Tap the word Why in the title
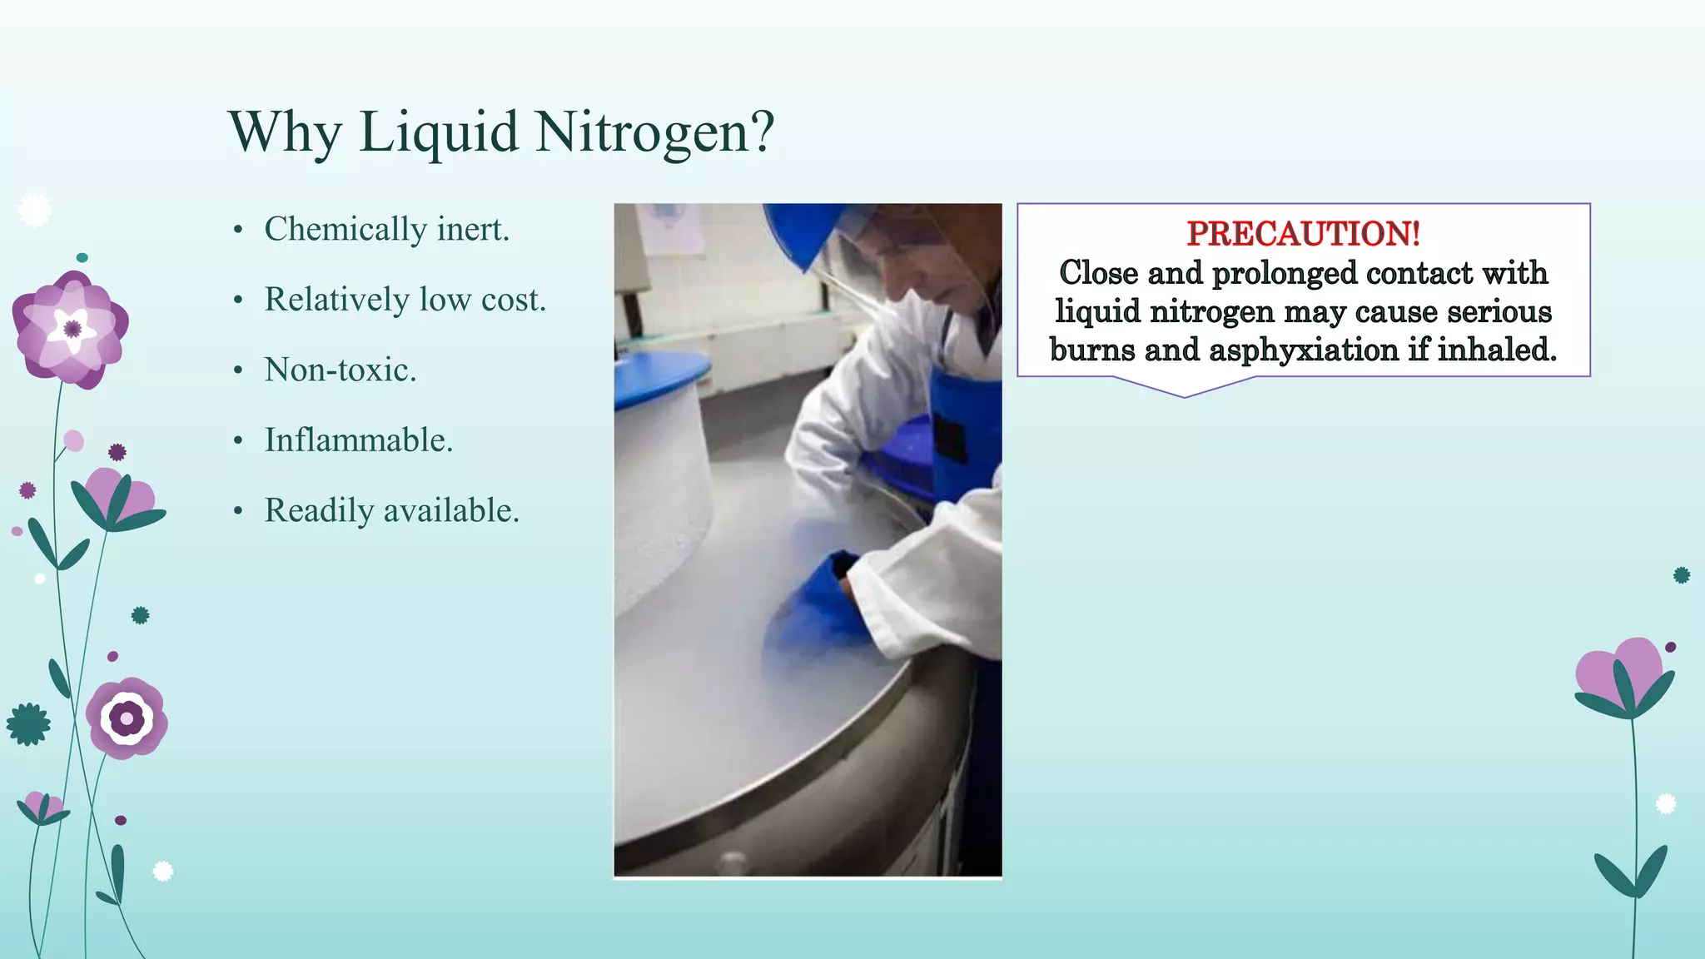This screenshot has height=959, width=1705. click(284, 133)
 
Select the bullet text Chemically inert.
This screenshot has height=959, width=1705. click(386, 229)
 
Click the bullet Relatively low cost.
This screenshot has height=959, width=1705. click(405, 300)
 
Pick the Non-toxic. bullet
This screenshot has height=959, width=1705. click(340, 370)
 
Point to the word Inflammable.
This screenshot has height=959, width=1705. click(358, 440)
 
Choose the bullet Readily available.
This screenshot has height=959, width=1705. click(391, 510)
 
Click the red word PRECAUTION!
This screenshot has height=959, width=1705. click(1303, 234)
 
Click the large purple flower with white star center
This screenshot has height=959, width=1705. click(71, 329)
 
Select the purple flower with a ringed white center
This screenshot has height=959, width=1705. click(127, 718)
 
